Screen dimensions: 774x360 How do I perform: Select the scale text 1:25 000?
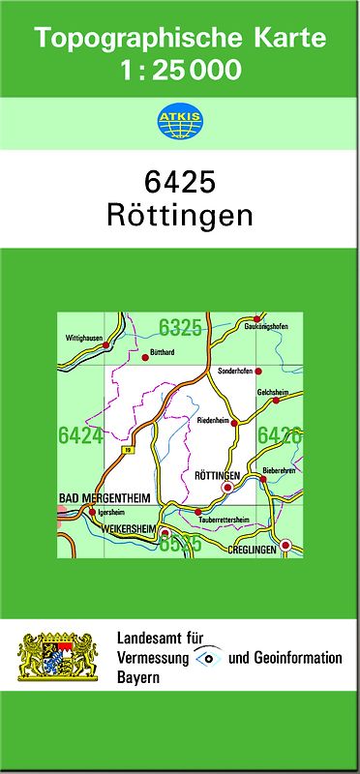pyautogui.click(x=181, y=70)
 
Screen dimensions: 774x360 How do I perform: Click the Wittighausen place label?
pyautogui.click(x=84, y=338)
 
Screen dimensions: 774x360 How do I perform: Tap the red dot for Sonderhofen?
pyautogui.click(x=258, y=371)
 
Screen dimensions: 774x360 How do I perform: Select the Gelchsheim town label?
pyautogui.click(x=273, y=391)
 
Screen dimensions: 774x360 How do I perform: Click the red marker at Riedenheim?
pyautogui.click(x=234, y=422)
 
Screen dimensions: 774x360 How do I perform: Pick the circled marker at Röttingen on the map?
pyautogui.click(x=227, y=488)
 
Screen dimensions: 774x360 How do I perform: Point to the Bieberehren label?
pyautogui.click(x=280, y=470)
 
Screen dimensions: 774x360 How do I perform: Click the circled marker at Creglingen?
pyautogui.click(x=285, y=546)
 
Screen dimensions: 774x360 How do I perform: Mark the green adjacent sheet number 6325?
pyautogui.click(x=181, y=327)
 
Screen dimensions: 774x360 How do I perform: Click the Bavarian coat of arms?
pyautogui.click(x=59, y=657)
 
